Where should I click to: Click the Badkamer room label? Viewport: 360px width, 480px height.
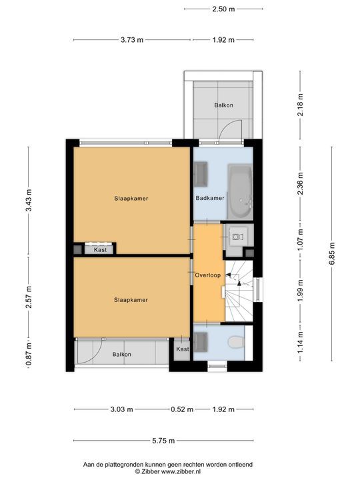point(210,198)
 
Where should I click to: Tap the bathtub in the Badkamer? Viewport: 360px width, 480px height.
point(240,191)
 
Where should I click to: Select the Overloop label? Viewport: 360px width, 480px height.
point(208,275)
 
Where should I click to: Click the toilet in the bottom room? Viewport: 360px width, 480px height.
point(236,342)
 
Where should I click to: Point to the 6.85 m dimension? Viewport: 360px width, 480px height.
point(332,254)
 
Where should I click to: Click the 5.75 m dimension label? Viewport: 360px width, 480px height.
point(163,441)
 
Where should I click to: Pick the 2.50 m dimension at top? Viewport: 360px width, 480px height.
point(223,9)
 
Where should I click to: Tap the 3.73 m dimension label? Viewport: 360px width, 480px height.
point(132,40)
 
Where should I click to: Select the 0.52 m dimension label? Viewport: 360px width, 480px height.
point(182,409)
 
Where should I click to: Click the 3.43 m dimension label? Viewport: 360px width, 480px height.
point(29,201)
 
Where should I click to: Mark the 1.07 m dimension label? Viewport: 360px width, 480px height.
point(300,240)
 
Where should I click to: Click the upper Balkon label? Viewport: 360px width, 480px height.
point(224,105)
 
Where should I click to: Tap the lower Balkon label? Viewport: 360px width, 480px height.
point(122,354)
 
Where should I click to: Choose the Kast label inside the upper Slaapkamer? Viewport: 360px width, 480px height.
point(101,250)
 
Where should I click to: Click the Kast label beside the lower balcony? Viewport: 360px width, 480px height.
point(183,349)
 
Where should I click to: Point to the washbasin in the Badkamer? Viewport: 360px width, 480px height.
point(201,174)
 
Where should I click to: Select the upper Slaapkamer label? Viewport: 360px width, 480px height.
point(131,199)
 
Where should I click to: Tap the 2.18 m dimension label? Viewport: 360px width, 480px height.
point(300,105)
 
